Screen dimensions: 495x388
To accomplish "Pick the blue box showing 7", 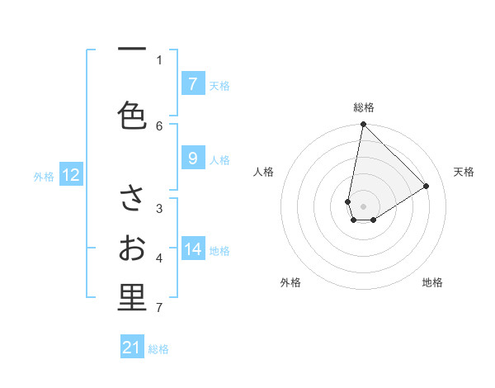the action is click(x=192, y=84).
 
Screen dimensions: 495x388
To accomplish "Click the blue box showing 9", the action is click(x=192, y=159).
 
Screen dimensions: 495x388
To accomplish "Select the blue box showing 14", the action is click(x=193, y=250).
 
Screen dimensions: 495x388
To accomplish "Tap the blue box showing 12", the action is click(x=71, y=175).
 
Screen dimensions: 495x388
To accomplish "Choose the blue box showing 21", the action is click(x=132, y=348).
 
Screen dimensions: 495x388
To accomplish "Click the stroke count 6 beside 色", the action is click(x=159, y=125).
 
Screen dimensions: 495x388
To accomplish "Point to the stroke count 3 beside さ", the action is click(x=159, y=208).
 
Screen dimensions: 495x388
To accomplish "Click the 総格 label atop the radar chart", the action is click(x=364, y=107).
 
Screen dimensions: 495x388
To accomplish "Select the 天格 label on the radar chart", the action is click(x=464, y=172).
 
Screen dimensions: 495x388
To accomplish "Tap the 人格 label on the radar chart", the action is click(x=264, y=172).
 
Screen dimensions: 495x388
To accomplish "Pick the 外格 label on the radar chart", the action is click(x=290, y=282).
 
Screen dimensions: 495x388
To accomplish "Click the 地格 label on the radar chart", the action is click(x=432, y=282).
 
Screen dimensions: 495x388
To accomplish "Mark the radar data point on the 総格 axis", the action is click(x=363, y=125).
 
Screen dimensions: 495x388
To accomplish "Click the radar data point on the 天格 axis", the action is click(x=427, y=186).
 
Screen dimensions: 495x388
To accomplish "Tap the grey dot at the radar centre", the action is click(x=364, y=206).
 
